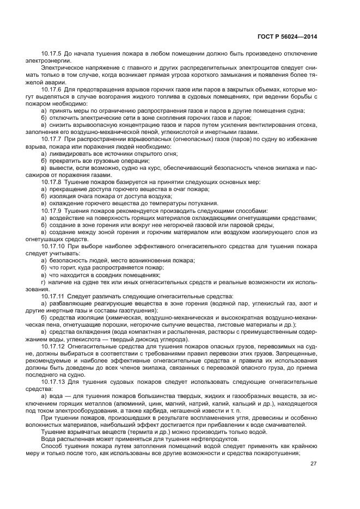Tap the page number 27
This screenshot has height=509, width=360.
314,464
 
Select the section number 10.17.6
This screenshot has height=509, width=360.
52,89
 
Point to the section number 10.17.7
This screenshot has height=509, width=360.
52,140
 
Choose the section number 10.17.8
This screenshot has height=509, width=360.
52,182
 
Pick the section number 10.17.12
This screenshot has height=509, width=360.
53,346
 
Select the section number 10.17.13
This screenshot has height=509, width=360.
53,382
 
